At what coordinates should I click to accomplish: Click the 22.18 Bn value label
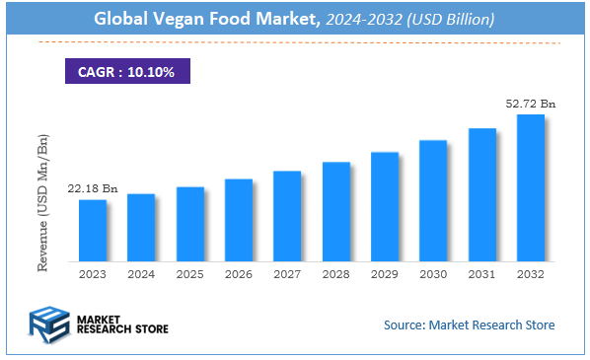pyautogui.click(x=93, y=187)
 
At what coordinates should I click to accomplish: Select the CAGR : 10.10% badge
pyautogui.click(x=126, y=72)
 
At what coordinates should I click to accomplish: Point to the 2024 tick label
pyautogui.click(x=141, y=273)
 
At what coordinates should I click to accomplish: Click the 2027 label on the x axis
pyautogui.click(x=287, y=273)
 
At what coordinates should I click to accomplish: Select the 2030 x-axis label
pyautogui.click(x=433, y=273)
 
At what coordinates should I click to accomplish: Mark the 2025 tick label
pyautogui.click(x=190, y=273)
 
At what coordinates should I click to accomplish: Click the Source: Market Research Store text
pyautogui.click(x=469, y=324)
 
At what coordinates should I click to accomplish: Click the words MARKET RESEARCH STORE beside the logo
pyautogui.click(x=121, y=324)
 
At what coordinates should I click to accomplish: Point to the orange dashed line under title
pyautogui.click(x=296, y=42)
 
